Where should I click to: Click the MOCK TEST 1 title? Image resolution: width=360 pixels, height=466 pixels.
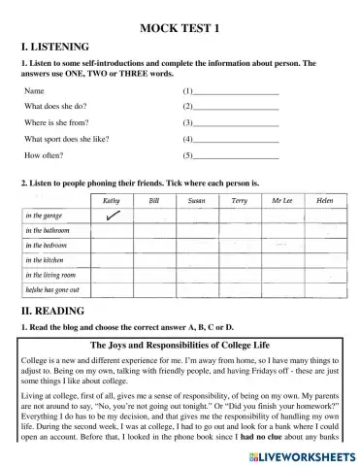[x=180, y=28]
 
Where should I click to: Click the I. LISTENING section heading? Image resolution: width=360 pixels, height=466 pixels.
[x=54, y=47]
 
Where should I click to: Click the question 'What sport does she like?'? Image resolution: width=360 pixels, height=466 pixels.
[x=67, y=139]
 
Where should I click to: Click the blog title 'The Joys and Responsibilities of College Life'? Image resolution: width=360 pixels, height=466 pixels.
[x=180, y=344]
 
